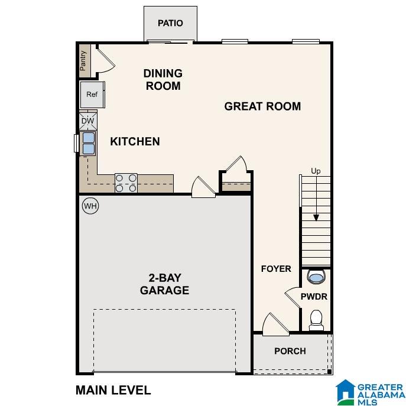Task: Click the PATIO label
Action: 170,24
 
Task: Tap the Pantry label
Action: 83,60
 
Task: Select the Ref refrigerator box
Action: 92,95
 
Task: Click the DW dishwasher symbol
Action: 87,121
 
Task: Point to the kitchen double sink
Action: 88,143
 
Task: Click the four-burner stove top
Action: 126,183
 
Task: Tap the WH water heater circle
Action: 90,206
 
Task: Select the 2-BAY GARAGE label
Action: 164,284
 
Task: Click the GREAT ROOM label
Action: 262,106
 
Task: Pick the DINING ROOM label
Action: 163,80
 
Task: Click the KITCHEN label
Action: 135,141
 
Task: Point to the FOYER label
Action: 276,269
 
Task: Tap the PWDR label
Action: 314,297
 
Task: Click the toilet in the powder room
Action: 316,319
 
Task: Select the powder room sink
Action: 316,277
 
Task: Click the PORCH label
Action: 290,351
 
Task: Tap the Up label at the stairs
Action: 316,171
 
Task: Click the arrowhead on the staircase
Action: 316,217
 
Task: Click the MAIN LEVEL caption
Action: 113,390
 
